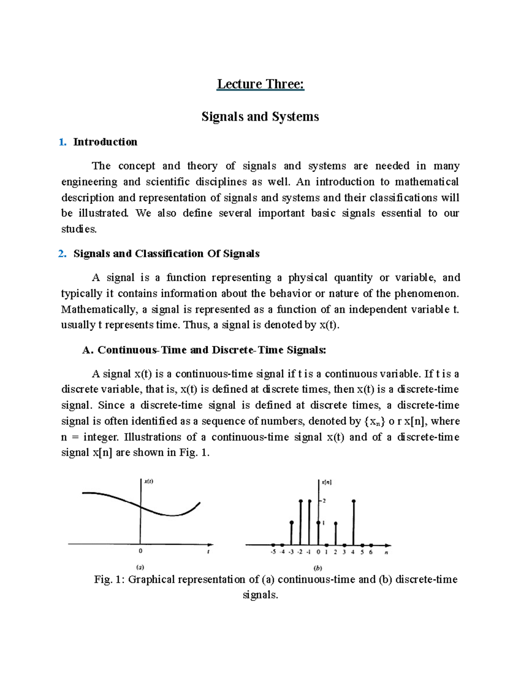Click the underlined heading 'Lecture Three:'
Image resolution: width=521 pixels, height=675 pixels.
click(260, 84)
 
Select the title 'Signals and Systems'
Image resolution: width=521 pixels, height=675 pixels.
click(260, 116)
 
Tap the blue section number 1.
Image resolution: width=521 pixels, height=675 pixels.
click(62, 142)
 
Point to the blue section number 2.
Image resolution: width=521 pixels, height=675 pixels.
click(62, 254)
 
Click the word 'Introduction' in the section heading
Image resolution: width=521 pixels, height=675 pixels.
click(105, 142)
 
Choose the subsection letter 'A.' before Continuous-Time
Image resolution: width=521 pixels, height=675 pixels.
click(88, 350)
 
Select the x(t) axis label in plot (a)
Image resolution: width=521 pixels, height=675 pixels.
click(148, 481)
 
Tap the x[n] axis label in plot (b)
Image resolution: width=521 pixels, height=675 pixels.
click(326, 482)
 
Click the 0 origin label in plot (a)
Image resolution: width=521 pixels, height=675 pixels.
click(140, 551)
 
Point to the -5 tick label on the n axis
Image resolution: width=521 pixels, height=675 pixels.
click(273, 552)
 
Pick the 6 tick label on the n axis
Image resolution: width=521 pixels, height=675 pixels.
click(371, 552)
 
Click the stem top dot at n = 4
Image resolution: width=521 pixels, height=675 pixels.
click(354, 502)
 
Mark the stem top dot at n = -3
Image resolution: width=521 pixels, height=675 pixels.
click(291, 522)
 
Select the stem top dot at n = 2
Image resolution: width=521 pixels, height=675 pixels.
click(336, 524)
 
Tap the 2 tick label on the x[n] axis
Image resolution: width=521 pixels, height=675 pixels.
click(324, 501)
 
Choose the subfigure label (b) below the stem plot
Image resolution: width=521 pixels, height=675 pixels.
click(318, 568)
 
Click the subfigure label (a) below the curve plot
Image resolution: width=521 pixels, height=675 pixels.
click(140, 567)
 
